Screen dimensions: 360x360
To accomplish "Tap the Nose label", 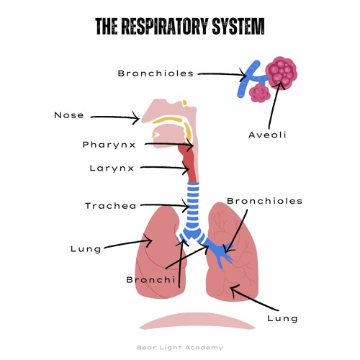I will (69, 115).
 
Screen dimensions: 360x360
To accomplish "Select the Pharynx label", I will (109, 145).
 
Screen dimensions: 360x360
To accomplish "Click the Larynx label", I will (112, 168).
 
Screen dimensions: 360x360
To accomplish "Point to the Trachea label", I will (111, 206).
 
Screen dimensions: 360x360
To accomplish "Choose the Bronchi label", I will (151, 279).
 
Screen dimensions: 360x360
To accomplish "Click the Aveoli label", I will (268, 135).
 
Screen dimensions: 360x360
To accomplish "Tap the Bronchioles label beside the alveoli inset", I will (156, 73).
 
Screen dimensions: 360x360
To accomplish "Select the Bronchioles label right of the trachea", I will (264, 201).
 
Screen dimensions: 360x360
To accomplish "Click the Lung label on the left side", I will (86, 249).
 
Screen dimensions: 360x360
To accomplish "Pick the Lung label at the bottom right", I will (282, 318).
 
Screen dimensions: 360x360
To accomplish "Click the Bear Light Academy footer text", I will (180, 348).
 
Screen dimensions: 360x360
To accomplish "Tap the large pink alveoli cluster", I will (281, 71).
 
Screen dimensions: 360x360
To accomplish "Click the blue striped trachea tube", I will (192, 205).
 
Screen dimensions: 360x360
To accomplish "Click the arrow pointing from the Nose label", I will (115, 116).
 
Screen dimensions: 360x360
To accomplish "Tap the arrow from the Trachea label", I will (166, 206).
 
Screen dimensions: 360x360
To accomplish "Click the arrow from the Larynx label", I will (164, 169).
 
